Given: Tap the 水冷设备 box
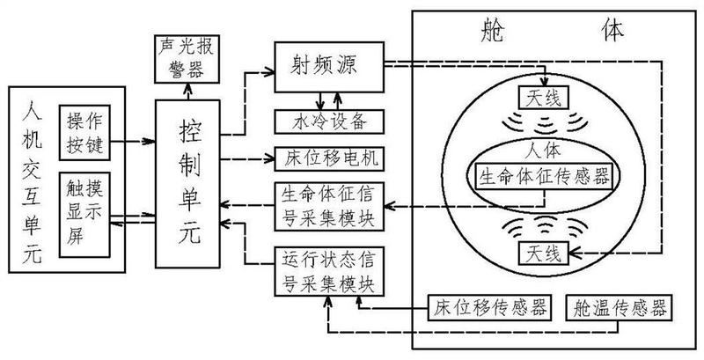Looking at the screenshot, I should (x=328, y=119).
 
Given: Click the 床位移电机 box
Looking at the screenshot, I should (x=328, y=158).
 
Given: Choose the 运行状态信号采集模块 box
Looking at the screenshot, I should (x=328, y=274).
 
